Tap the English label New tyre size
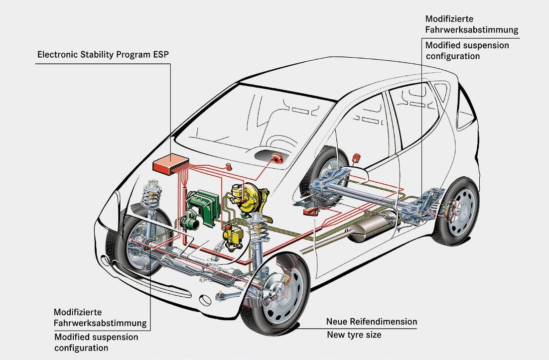click(354, 334)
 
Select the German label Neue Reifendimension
click(371, 321)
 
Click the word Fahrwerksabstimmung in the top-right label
click(471, 29)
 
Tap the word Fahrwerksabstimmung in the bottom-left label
click(101, 323)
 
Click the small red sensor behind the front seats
click(356, 158)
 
